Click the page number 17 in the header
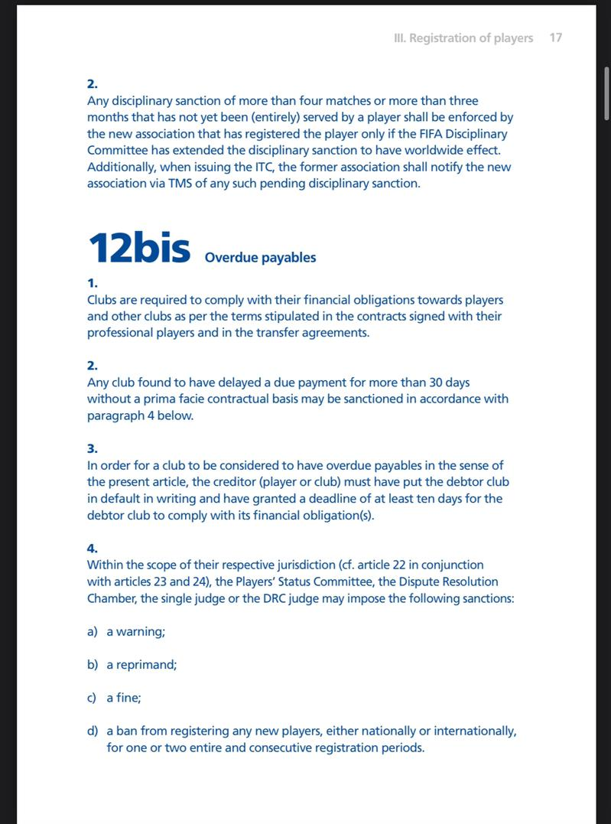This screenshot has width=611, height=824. coord(556,37)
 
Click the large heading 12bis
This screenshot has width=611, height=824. coord(139,247)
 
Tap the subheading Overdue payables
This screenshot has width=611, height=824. coord(260,258)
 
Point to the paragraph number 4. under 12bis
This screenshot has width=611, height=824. coord(93,548)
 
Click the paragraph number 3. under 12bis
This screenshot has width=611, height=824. coord(93,448)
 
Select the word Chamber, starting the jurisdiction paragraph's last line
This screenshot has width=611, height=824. coord(112,598)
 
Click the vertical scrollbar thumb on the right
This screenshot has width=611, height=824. coord(606,93)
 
